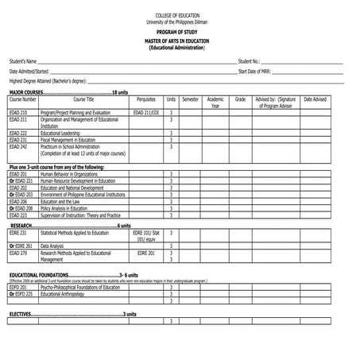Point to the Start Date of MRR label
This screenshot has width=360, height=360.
[256, 71]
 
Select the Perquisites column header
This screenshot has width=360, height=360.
[146, 99]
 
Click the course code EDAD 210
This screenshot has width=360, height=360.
[18, 113]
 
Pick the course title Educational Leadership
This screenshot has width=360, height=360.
[62, 133]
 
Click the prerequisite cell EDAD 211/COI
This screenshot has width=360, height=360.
[146, 113]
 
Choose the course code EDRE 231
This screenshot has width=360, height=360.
[18, 233]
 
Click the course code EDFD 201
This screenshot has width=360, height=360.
[18, 287]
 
